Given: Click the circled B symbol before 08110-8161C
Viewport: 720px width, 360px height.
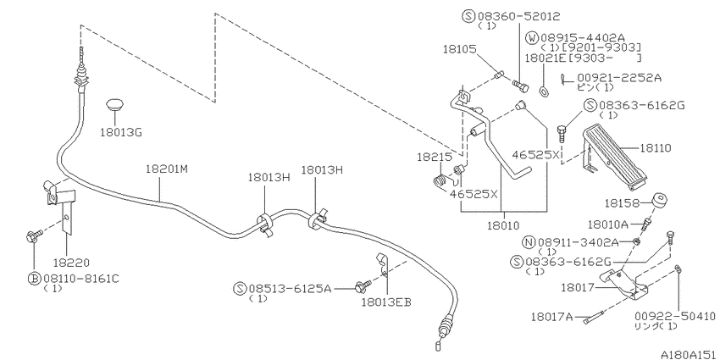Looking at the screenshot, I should pyautogui.click(x=35, y=277).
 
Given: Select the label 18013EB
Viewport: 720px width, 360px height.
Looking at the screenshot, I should pyautogui.click(x=385, y=301).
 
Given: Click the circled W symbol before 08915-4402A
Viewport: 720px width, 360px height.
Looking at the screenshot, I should pyautogui.click(x=531, y=37).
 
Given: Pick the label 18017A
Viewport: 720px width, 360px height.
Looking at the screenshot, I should pyautogui.click(x=552, y=317).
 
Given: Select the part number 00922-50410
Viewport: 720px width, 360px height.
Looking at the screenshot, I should pyautogui.click(x=674, y=314).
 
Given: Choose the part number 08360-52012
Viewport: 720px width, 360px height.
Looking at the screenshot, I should pyautogui.click(x=520, y=16).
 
